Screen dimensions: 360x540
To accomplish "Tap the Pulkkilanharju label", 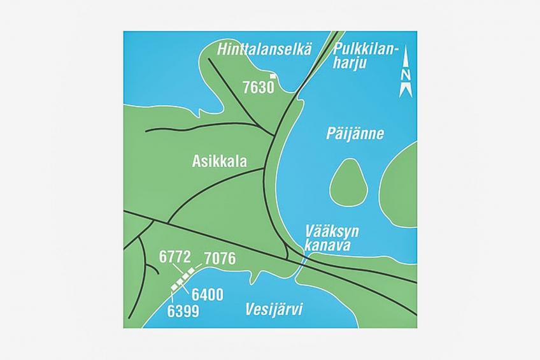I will coord(366,56).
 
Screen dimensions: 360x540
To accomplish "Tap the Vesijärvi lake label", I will coord(273,310).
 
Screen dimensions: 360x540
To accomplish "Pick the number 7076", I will coord(220,259).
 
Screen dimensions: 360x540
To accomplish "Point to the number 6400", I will coord(207,295).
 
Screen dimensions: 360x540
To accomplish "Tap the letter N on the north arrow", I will coord(406,75).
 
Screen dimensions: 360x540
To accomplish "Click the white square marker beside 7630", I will coord(273,77).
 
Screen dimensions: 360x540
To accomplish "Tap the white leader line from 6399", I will coord(174,298).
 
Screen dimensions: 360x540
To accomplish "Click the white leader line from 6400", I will coord(190,287).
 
